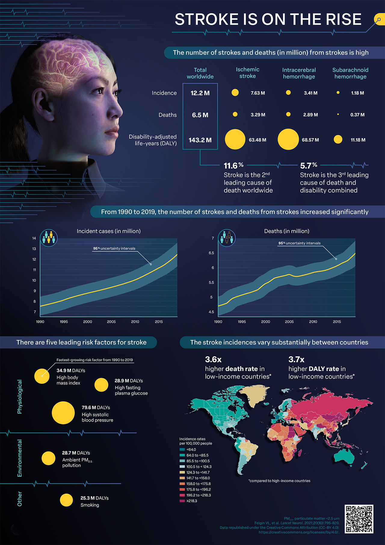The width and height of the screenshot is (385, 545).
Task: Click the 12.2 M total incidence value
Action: click(200, 93)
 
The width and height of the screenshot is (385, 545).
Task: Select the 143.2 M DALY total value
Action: click(200, 140)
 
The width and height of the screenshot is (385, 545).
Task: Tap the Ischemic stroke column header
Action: click(248, 73)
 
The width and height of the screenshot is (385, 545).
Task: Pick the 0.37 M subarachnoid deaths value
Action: click(357, 115)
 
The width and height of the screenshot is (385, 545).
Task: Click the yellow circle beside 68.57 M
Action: click(288, 139)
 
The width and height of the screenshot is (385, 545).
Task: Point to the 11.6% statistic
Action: click(233, 166)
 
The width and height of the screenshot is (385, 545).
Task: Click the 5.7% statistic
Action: click(309, 166)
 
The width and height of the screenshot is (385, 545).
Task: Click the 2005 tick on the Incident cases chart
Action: click(111, 322)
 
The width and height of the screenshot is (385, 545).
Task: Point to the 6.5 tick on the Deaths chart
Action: click(211, 253)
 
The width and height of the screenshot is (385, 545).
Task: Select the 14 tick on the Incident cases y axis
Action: click(34, 238)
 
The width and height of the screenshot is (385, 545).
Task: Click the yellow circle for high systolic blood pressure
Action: click(63, 413)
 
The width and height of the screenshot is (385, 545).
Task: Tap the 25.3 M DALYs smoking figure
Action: click(94, 498)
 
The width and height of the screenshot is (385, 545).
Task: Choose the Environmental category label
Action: click(20, 458)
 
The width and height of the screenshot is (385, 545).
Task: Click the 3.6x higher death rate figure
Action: click(213, 360)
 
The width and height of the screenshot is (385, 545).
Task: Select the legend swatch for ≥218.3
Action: click(182, 501)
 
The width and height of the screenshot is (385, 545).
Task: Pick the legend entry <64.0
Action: click(191, 450)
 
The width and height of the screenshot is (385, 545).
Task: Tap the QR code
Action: click(359, 519)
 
